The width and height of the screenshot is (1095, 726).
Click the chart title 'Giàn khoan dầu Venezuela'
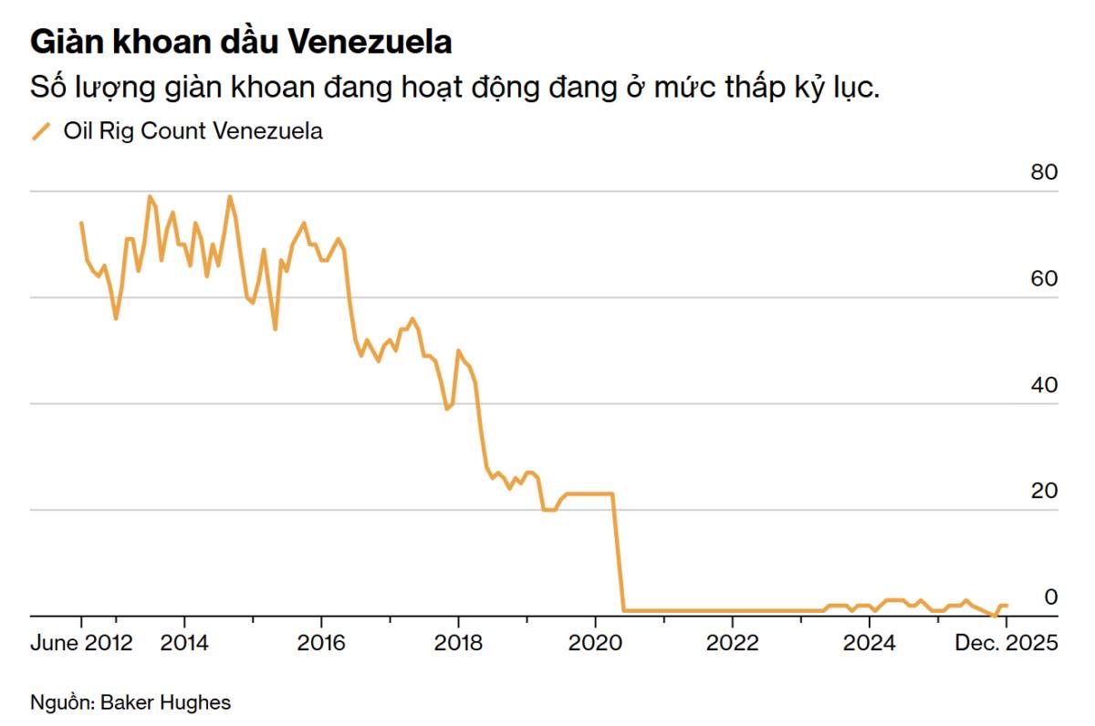click(x=242, y=42)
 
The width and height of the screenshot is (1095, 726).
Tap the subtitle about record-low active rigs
click(x=454, y=88)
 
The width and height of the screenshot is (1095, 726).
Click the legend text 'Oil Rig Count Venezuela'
click(x=193, y=131)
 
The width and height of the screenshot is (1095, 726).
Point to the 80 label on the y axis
click(x=1044, y=172)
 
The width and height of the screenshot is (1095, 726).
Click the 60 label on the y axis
click(x=1044, y=278)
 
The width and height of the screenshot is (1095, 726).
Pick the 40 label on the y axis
click(x=1044, y=385)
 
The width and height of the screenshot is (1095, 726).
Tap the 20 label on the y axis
click(x=1044, y=491)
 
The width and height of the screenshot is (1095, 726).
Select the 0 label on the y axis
click(x=1050, y=596)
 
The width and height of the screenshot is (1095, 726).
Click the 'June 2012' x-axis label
click(x=81, y=643)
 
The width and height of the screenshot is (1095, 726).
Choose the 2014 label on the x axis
click(x=184, y=643)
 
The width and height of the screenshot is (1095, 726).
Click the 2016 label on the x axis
click(x=321, y=643)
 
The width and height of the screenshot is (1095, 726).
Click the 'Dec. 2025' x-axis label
click(x=1006, y=643)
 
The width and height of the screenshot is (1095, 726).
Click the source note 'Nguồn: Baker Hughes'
click(x=130, y=702)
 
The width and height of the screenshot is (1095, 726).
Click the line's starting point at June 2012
click(x=81, y=223)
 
